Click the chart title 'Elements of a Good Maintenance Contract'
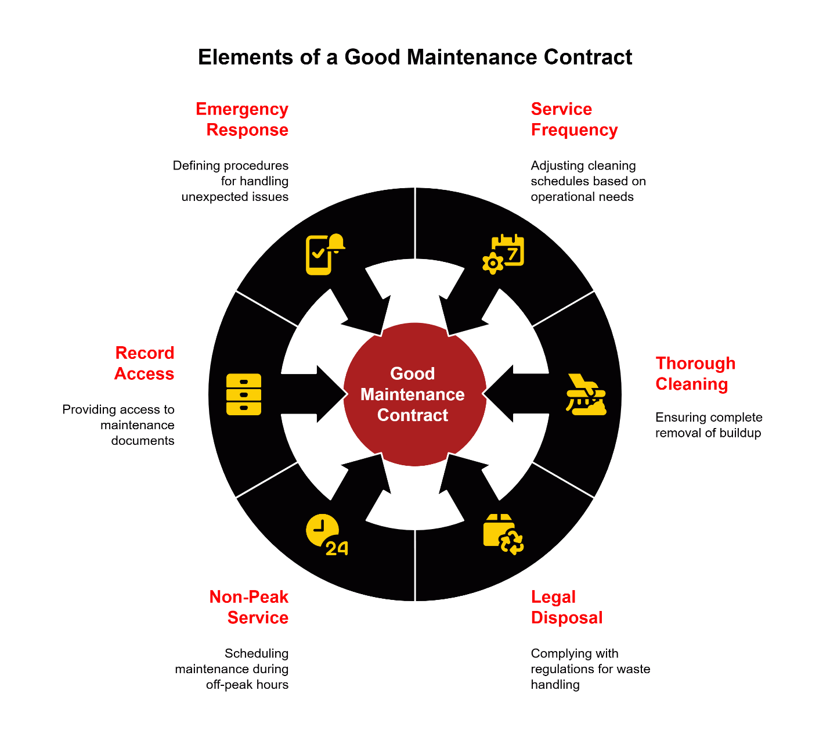click(x=414, y=57)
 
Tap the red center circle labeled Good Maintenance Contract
click(x=414, y=394)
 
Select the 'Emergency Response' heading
click(x=242, y=119)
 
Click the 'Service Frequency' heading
click(x=574, y=119)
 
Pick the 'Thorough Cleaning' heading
click(x=695, y=373)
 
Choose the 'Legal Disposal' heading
click(x=566, y=607)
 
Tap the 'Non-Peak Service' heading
click(x=249, y=607)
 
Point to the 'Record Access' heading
click(x=145, y=363)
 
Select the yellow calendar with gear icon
click(x=503, y=254)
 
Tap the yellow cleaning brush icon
click(x=586, y=394)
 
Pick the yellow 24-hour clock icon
click(x=326, y=534)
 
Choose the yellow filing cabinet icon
click(x=243, y=394)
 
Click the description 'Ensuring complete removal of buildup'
click(x=708, y=425)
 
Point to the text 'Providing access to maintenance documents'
click(x=119, y=425)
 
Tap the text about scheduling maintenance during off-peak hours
click(x=232, y=669)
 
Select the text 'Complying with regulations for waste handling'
click(x=590, y=669)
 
